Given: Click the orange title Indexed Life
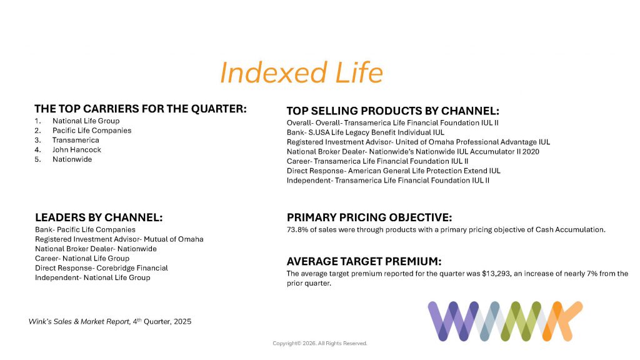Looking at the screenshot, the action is coord(301,72).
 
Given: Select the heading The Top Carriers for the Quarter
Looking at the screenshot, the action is coord(141,109).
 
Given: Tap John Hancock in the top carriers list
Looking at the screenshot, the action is coord(77,150).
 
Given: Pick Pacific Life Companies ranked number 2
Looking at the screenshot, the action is coord(92,131).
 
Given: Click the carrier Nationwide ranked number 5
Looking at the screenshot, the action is coord(72,159).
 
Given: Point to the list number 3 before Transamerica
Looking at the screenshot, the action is coord(37,141).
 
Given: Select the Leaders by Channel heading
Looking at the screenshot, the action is coord(99,217).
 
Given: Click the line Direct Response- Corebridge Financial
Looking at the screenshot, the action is coord(101,268).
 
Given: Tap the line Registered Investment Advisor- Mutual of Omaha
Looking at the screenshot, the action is coord(119,239).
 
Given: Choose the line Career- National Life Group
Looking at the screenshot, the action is coord(82,258).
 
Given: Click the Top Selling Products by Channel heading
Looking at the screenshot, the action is coord(392,111).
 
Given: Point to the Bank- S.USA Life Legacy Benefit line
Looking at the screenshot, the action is coord(365,132).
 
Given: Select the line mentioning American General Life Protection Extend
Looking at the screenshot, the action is coord(394,171).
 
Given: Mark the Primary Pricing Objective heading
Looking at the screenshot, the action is coord(369,217).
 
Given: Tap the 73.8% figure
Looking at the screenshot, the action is coord(297,230).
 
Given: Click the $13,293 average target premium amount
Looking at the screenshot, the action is coord(496,274).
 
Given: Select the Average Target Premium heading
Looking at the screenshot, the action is coord(364,261).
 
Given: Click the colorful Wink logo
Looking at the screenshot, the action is coord(505,321).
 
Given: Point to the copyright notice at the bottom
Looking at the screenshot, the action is coord(320,343).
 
